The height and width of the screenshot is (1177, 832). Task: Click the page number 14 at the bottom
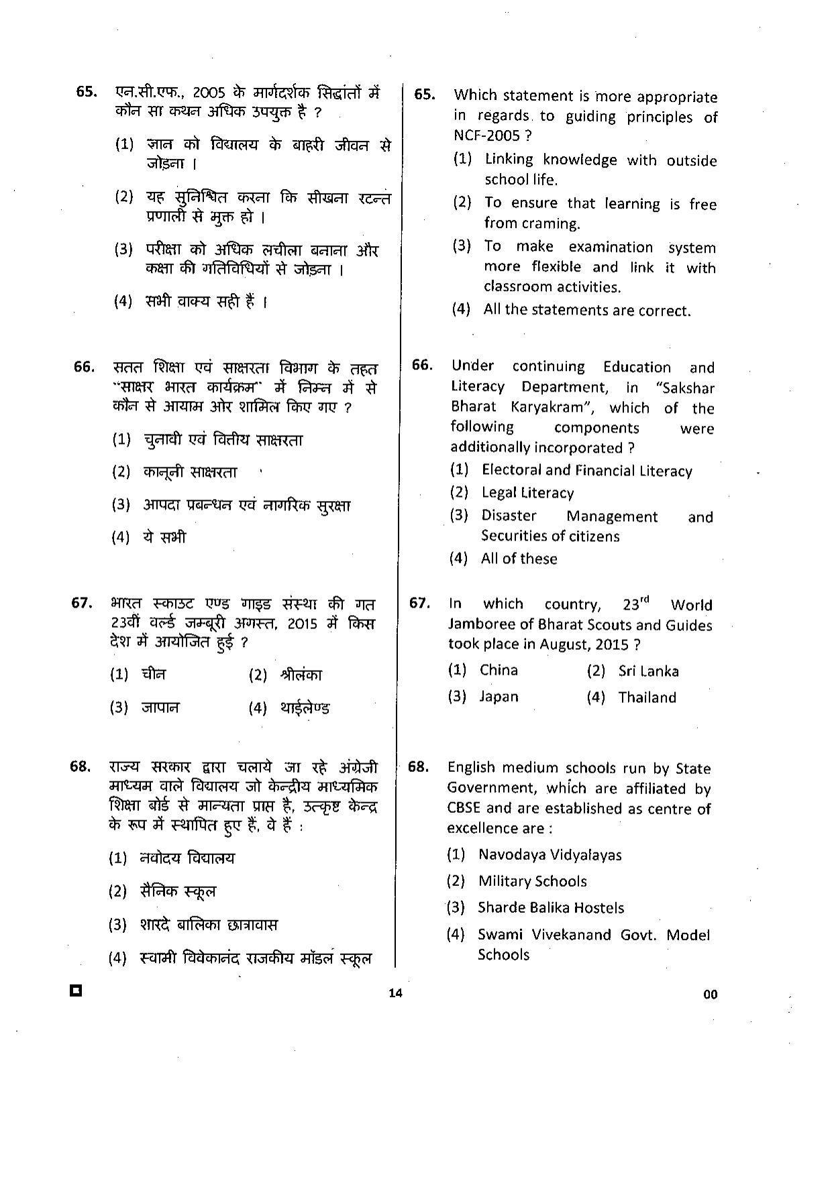pyautogui.click(x=395, y=993)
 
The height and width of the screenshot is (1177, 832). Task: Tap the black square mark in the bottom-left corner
pyautogui.click(x=76, y=991)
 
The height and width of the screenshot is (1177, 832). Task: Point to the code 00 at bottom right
pyautogui.click(x=710, y=995)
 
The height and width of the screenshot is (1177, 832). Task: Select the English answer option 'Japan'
pyautogui.click(x=499, y=697)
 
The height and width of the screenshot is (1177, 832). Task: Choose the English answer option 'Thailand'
pyautogui.click(x=647, y=697)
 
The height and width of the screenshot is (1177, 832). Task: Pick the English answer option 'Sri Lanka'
pyautogui.click(x=648, y=671)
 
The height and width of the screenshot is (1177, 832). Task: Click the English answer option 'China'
pyautogui.click(x=499, y=670)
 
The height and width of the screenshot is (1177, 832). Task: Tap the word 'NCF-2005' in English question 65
pyautogui.click(x=486, y=135)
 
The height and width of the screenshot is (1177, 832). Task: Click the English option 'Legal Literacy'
pyautogui.click(x=527, y=493)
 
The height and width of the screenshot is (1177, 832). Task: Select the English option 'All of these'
pyautogui.click(x=519, y=559)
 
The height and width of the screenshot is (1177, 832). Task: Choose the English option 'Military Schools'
pyautogui.click(x=532, y=881)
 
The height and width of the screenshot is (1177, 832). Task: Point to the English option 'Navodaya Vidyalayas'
pyautogui.click(x=550, y=855)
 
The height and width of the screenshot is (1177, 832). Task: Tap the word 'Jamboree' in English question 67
pyautogui.click(x=482, y=624)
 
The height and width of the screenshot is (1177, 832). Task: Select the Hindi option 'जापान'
pyautogui.click(x=160, y=708)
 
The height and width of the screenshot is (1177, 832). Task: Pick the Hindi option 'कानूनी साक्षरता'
pyautogui.click(x=190, y=472)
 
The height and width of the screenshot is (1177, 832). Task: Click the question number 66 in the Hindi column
pyautogui.click(x=84, y=367)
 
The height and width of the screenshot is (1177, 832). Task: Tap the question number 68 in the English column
pyautogui.click(x=417, y=767)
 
